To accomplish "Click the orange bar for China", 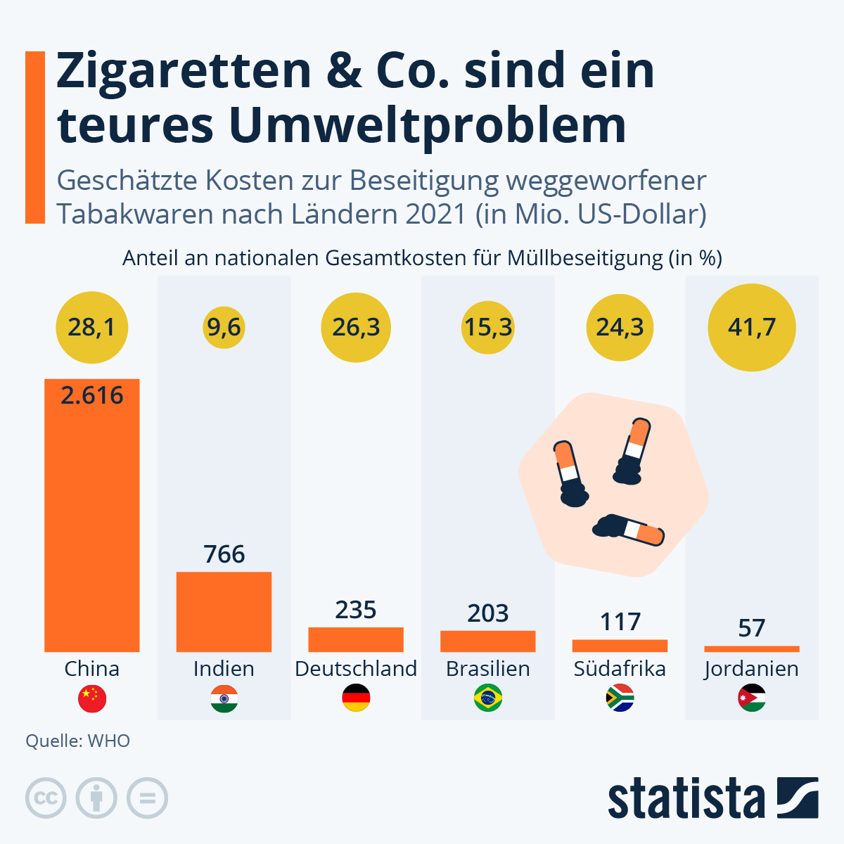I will (x=91, y=520).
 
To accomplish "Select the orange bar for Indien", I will (x=224, y=611).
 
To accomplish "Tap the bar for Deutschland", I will (x=356, y=639).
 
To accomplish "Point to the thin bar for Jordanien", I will (x=752, y=648).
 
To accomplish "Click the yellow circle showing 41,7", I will (x=752, y=327).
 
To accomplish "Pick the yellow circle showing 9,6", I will (x=224, y=327).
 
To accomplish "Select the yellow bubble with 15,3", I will (x=488, y=327).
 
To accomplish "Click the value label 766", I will (x=224, y=554).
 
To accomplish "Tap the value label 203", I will (x=488, y=613).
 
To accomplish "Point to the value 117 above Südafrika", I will (x=620, y=622).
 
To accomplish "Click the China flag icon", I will (x=92, y=698).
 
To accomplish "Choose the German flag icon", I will (x=356, y=698).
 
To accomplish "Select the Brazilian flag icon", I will (x=488, y=698).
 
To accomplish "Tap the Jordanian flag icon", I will (x=752, y=698).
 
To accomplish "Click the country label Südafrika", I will (x=620, y=668).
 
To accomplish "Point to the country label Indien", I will (x=224, y=668).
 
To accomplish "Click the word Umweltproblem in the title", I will (x=427, y=125).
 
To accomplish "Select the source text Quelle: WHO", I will (x=78, y=741).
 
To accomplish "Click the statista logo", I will (x=712, y=798).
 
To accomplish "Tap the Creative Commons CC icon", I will (x=46, y=798).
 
